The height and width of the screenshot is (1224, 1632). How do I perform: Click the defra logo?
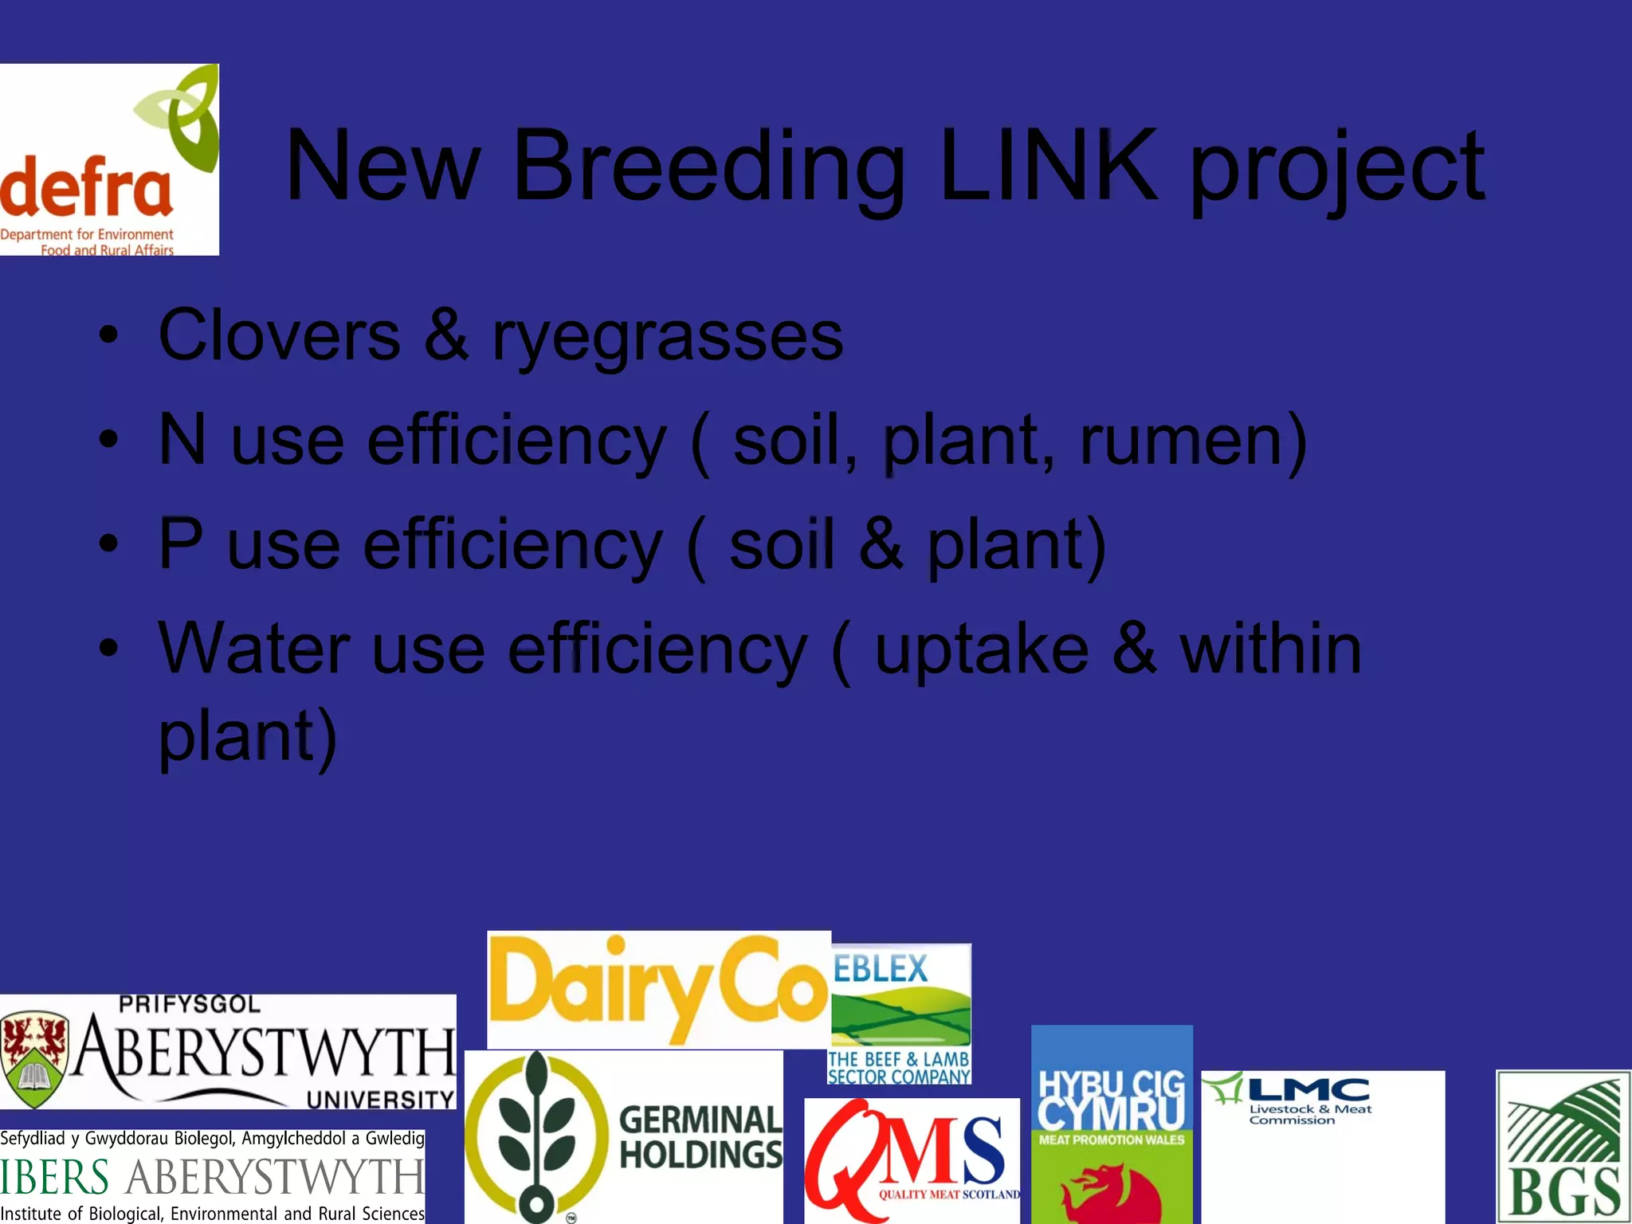(108, 159)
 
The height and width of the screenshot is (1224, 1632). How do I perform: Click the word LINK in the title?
(1048, 166)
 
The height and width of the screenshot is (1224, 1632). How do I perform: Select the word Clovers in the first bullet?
(279, 336)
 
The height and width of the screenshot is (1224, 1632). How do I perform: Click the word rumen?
(1183, 441)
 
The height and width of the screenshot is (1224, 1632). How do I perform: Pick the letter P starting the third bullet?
(180, 543)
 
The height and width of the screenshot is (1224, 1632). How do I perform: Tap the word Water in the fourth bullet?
(253, 649)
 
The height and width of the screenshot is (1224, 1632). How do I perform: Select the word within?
(1270, 649)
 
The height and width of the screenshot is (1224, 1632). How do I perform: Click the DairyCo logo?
(658, 989)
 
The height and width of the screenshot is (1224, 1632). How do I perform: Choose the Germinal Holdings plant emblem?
(536, 1136)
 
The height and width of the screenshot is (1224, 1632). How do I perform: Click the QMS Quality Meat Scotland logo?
(912, 1160)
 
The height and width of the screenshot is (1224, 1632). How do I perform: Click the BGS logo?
(1563, 1147)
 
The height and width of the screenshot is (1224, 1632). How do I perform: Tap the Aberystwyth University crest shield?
(35, 1058)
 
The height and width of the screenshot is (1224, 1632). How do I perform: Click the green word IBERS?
(54, 1178)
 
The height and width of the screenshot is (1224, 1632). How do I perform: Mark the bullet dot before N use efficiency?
(108, 439)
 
